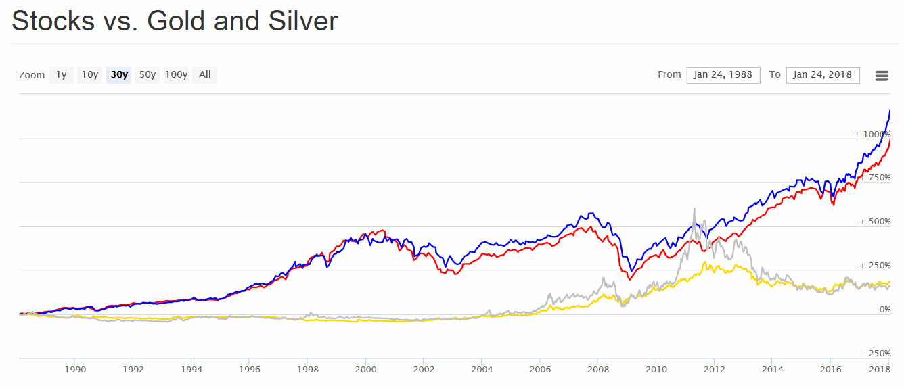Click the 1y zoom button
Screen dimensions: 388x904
coord(61,75)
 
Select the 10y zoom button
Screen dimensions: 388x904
coord(90,75)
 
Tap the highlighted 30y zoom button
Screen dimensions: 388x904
coord(119,75)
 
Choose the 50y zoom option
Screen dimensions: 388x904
coord(148,75)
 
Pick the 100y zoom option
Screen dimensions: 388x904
coord(177,75)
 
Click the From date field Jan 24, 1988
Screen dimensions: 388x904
coord(723,75)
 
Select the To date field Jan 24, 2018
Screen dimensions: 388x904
coord(822,75)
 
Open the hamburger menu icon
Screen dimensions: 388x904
coord(882,76)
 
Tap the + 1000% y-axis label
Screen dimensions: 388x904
coord(872,135)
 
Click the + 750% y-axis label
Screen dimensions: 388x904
coord(875,178)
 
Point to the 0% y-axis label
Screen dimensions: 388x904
coord(884,310)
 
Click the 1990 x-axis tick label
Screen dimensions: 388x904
coord(75,370)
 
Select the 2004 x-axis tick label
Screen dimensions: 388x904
coord(482,370)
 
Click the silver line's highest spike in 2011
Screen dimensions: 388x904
coord(694,209)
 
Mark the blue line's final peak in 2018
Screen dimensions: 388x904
coord(890,109)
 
